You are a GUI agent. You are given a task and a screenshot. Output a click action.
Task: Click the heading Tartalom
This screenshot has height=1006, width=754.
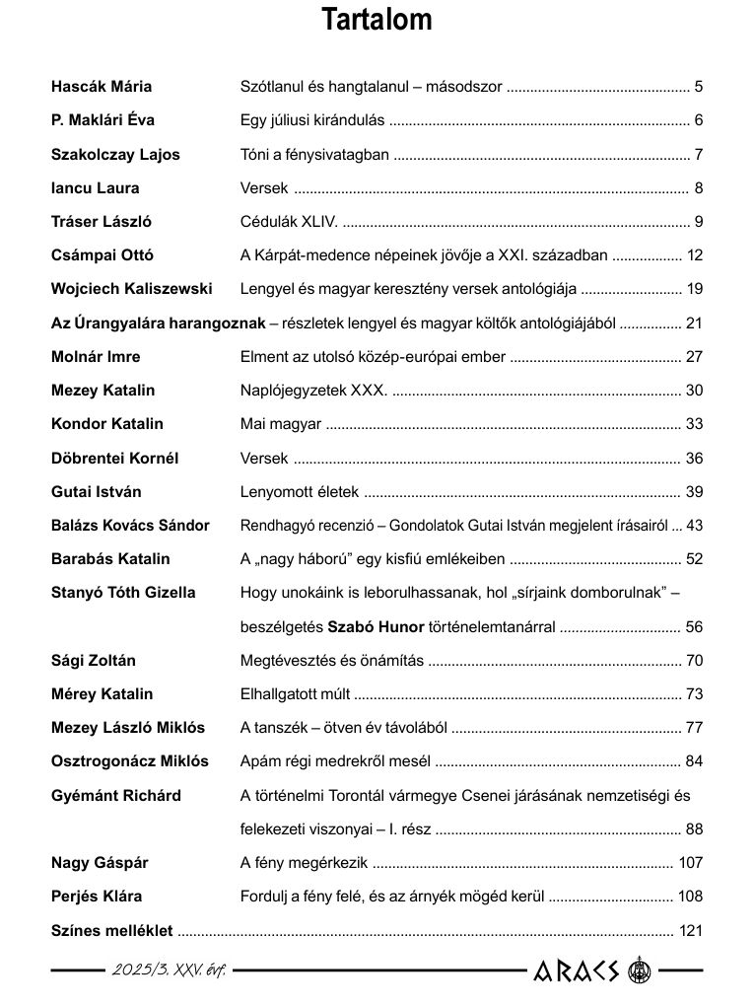pyautogui.click(x=377, y=21)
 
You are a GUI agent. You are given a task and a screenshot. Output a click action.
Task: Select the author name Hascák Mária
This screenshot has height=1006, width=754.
pyautogui.click(x=102, y=87)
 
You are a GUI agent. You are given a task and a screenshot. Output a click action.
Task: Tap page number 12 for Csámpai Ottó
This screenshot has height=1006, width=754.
pyautogui.click(x=695, y=255)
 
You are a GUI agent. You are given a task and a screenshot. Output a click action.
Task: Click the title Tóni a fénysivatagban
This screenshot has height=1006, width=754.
pyautogui.click(x=315, y=154)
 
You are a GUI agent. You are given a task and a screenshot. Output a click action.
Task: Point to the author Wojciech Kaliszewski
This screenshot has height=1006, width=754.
pyautogui.click(x=131, y=289)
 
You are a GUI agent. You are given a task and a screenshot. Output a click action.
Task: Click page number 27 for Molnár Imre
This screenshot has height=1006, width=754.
pyautogui.click(x=695, y=357)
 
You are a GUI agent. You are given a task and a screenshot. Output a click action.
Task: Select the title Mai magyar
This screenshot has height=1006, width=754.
pyautogui.click(x=281, y=424)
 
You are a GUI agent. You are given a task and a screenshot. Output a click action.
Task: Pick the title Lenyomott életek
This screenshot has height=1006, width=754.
pyautogui.click(x=300, y=492)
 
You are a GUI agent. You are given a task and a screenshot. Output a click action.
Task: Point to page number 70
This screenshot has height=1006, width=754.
pyautogui.click(x=695, y=661)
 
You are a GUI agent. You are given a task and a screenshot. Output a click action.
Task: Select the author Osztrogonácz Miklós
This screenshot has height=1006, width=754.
pyautogui.click(x=130, y=761)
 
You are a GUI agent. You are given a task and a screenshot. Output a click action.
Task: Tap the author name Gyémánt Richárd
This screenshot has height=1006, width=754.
pyautogui.click(x=116, y=796)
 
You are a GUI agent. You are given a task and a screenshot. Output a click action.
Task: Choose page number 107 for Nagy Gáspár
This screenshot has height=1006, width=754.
pyautogui.click(x=691, y=863)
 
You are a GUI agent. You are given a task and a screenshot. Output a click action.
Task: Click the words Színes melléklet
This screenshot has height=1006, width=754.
pyautogui.click(x=111, y=930)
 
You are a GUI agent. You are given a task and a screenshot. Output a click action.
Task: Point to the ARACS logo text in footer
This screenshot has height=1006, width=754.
pyautogui.click(x=577, y=971)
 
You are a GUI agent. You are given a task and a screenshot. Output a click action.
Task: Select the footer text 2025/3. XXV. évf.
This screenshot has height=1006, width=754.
pyautogui.click(x=169, y=971)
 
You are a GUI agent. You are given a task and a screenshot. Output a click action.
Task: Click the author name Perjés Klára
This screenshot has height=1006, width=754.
pyautogui.click(x=97, y=897)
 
